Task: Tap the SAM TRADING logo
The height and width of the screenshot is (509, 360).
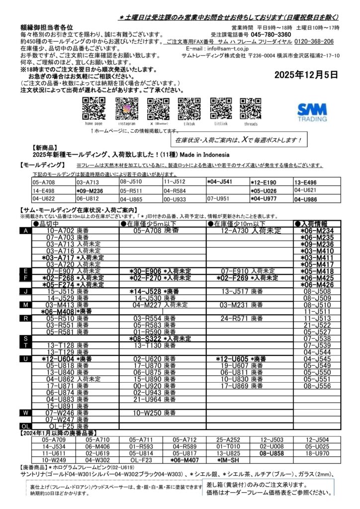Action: coord(312,112)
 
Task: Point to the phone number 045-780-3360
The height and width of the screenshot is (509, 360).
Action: coord(285,35)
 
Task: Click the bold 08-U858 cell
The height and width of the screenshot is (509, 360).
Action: coord(271,453)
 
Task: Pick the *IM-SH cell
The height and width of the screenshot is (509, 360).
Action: coord(228,460)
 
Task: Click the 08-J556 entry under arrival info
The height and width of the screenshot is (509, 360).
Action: coord(317,385)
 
